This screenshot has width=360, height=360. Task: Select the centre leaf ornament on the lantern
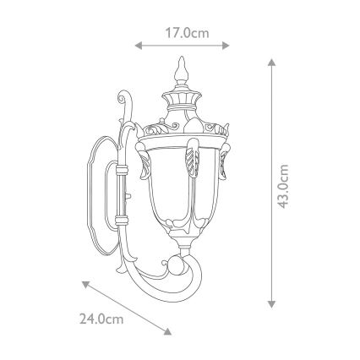click(x=191, y=155)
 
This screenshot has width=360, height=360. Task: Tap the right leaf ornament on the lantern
click(x=226, y=166)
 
